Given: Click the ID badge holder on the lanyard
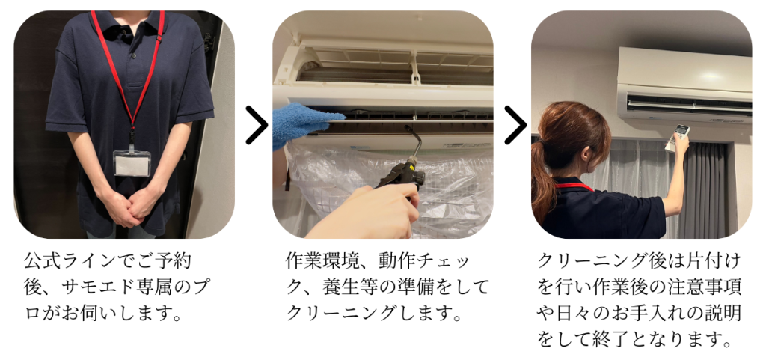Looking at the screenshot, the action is coord(132,162).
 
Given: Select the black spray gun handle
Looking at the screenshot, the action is coord(401,178).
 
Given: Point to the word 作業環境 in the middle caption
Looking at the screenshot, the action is coord(322,261).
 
